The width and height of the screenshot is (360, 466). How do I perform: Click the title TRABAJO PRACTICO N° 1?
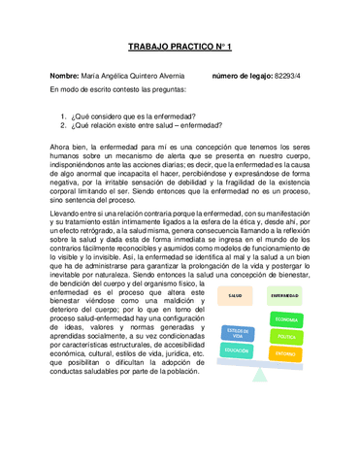click(180, 47)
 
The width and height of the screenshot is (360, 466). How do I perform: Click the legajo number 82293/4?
click(295, 75)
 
